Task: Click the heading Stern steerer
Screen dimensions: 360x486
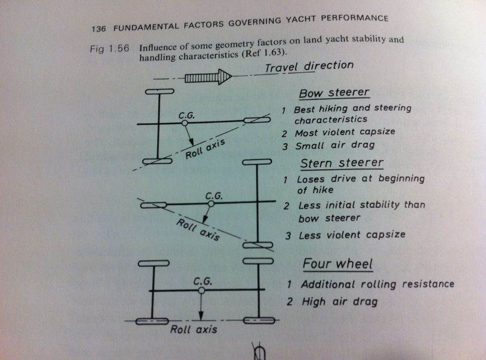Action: tap(342, 163)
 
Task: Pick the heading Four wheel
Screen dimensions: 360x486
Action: tap(338, 263)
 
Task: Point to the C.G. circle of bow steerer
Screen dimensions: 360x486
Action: tap(185, 122)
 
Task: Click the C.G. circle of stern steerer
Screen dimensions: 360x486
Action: tap(211, 204)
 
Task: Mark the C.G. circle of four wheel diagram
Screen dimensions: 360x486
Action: tap(201, 291)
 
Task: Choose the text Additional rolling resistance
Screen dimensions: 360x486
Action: tap(377, 284)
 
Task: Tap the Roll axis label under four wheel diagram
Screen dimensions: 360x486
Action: tap(194, 329)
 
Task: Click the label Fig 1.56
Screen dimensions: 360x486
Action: tap(110, 48)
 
